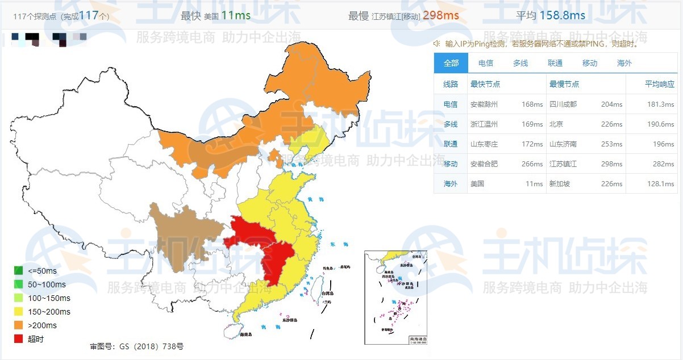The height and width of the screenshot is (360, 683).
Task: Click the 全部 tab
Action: click(x=451, y=63)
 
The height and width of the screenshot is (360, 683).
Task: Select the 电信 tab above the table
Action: click(x=485, y=63)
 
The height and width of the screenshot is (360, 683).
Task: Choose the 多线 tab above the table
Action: click(x=520, y=63)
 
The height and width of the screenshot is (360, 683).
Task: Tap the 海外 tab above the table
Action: click(x=624, y=63)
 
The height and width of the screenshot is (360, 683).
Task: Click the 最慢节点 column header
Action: click(x=564, y=84)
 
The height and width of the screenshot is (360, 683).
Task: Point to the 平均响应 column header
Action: click(x=659, y=84)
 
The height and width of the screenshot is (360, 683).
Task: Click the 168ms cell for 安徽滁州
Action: click(x=532, y=104)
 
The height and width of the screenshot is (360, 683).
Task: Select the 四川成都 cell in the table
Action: click(x=563, y=104)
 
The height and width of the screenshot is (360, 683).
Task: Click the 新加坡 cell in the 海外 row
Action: click(x=559, y=184)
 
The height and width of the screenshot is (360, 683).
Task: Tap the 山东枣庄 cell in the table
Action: click(x=484, y=144)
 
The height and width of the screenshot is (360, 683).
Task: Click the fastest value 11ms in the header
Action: click(x=236, y=15)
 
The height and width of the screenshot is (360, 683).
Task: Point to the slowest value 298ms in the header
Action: click(x=440, y=15)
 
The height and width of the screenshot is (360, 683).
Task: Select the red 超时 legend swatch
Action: click(x=19, y=339)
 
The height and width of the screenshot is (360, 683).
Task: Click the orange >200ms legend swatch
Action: click(x=19, y=325)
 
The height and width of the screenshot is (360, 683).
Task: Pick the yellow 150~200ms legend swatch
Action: click(x=19, y=312)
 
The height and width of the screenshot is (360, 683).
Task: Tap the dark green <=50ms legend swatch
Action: click(x=19, y=271)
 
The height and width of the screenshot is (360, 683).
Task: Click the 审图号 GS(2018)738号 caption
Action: click(x=136, y=346)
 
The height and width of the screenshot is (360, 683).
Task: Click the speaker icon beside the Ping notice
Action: click(x=436, y=43)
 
